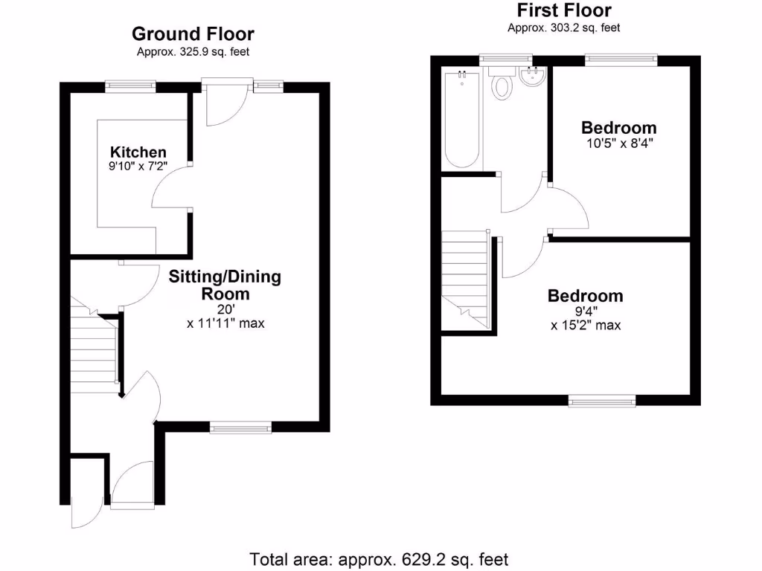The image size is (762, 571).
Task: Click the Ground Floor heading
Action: pos(193,33)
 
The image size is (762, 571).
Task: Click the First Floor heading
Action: pos(563,10)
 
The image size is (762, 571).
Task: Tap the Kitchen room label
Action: pos(138,152)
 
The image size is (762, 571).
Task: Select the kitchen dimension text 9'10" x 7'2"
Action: pos(138,167)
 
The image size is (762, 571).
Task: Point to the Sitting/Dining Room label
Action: pos(225,285)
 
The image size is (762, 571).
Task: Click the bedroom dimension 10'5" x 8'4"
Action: pos(618,142)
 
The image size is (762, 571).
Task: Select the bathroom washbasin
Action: pos(533,77)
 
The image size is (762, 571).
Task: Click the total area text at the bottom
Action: pos(379,558)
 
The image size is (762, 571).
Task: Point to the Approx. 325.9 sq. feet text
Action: pos(193,52)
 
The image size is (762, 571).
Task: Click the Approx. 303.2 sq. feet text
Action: pos(563,28)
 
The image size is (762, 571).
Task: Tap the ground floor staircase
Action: pos(95,349)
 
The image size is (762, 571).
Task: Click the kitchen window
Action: pos(130,87)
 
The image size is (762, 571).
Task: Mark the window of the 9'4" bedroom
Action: pos(602,401)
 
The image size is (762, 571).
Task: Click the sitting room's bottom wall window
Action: pos(240,427)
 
